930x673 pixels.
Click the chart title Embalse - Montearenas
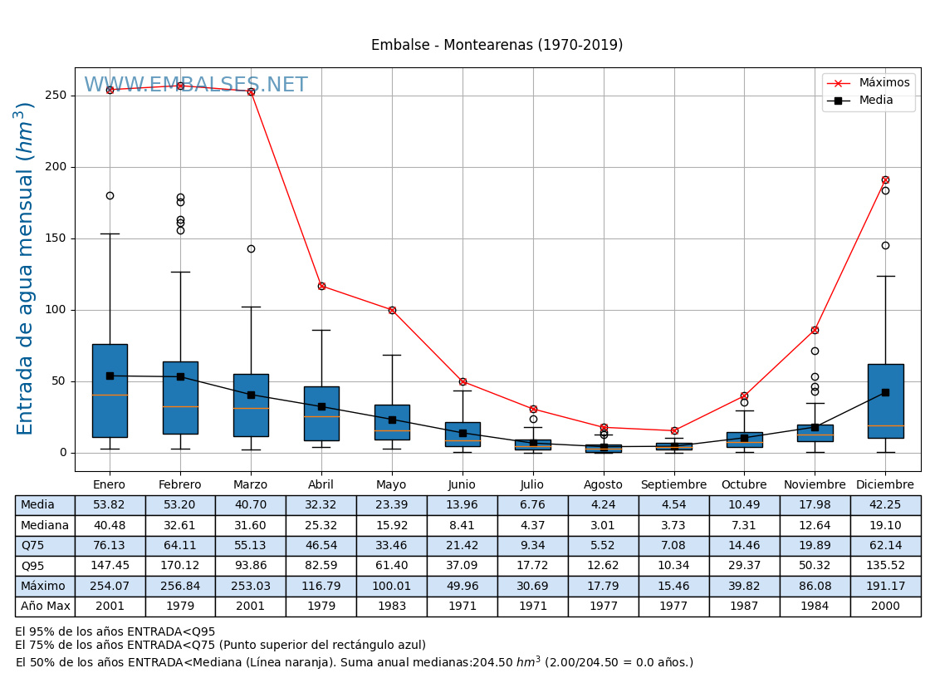pos(497,46)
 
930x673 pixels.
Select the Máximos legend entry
pos(883,83)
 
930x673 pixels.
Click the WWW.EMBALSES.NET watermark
pos(196,86)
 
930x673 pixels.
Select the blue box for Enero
pos(110,391)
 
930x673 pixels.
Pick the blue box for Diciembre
pos(885,400)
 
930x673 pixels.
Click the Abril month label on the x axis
pos(321,485)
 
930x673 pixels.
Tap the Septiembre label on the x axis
pos(673,485)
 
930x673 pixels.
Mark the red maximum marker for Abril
pos(321,286)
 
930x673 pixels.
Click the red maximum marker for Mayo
pos(392,310)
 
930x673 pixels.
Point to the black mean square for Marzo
pos(251,395)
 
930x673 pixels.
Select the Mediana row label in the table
pos(45,526)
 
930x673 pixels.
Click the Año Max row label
pos(45,607)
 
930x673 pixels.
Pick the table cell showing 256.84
pos(180,587)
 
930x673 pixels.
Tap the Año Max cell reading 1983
pos(392,607)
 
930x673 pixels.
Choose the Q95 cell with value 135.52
pos(885,566)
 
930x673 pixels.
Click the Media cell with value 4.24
pos(604,505)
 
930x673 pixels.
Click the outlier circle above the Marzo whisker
pos(251,248)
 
